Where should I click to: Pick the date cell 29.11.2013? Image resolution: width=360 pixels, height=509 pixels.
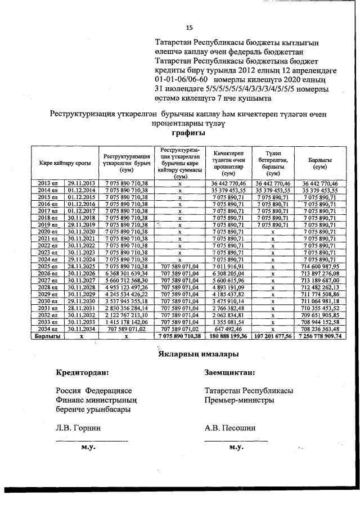tap(82, 183)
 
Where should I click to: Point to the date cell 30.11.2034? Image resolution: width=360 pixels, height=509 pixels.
tap(82, 328)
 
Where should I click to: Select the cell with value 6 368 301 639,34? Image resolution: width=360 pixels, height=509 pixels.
tap(126, 273)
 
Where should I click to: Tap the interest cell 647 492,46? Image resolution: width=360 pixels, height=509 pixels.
tap(228, 328)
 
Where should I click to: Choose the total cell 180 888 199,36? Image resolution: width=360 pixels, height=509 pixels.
tap(228, 335)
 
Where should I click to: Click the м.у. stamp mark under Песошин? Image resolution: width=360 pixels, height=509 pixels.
tap(236, 447)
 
